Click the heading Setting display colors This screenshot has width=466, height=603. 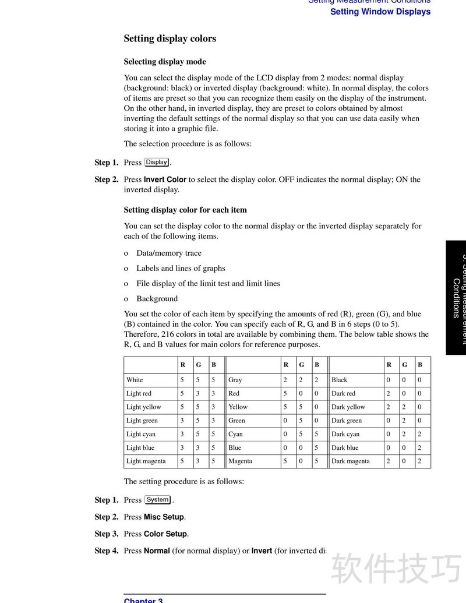[x=170, y=39]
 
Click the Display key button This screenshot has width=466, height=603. [x=157, y=163]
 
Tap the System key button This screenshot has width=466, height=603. [x=158, y=500]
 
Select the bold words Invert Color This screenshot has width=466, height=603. [x=165, y=179]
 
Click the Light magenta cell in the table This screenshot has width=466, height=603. [x=146, y=461]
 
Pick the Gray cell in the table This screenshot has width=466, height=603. [x=235, y=380]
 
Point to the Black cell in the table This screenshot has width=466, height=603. [x=339, y=380]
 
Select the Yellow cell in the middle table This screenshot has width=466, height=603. [x=238, y=407]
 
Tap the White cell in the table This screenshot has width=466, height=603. [x=135, y=380]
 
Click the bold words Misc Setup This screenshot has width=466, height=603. [x=164, y=517]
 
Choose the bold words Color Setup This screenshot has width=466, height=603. [x=165, y=534]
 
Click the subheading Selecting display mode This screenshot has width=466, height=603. [x=165, y=62]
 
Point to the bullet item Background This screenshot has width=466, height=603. [x=157, y=299]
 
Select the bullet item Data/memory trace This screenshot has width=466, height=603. [x=169, y=253]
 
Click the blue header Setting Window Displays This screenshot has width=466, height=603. [x=380, y=12]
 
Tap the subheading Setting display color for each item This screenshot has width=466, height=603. [x=185, y=210]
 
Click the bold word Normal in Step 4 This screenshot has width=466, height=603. [x=157, y=551]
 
